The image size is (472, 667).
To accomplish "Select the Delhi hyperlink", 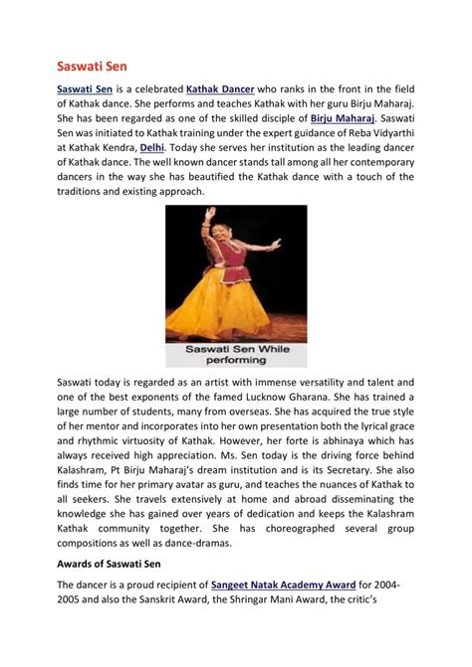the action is (x=152, y=147).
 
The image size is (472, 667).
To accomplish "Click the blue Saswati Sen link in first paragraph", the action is (x=86, y=88).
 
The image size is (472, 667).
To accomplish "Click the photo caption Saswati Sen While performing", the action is (x=235, y=356).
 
